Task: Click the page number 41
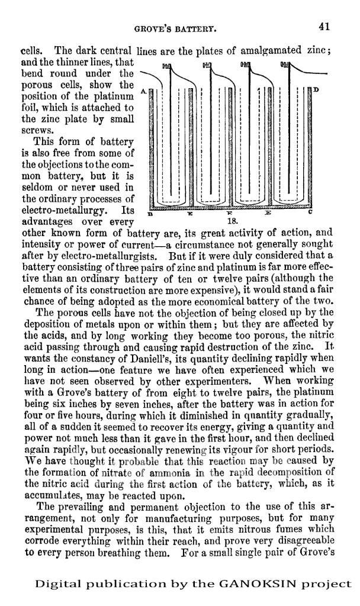323,26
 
